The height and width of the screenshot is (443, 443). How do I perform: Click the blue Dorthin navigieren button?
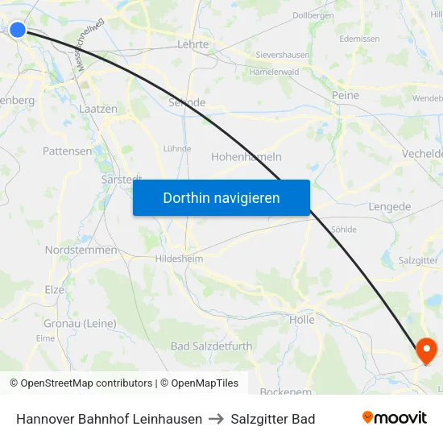tap(221, 197)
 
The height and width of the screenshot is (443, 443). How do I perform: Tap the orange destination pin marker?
tap(424, 350)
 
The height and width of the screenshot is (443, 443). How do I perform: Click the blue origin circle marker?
tap(17, 30)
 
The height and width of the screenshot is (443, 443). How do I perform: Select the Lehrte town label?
tap(193, 45)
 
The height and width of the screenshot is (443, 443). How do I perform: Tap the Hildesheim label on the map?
tap(179, 259)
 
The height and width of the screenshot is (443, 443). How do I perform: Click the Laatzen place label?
tap(98, 108)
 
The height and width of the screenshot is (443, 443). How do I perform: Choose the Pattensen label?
tap(67, 151)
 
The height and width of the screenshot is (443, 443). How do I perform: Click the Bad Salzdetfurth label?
tap(211, 346)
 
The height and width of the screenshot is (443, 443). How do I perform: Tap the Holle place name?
tap(301, 319)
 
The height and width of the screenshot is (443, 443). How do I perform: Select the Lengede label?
tap(389, 206)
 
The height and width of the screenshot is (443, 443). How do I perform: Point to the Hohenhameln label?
tap(246, 156)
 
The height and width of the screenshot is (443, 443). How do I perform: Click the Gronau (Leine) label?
tap(80, 323)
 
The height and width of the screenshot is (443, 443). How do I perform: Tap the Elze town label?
tap(54, 289)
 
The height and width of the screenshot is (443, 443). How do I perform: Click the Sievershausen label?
tap(282, 55)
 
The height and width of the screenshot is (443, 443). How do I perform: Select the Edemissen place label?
tap(359, 38)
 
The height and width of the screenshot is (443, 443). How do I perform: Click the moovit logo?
tap(394, 418)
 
